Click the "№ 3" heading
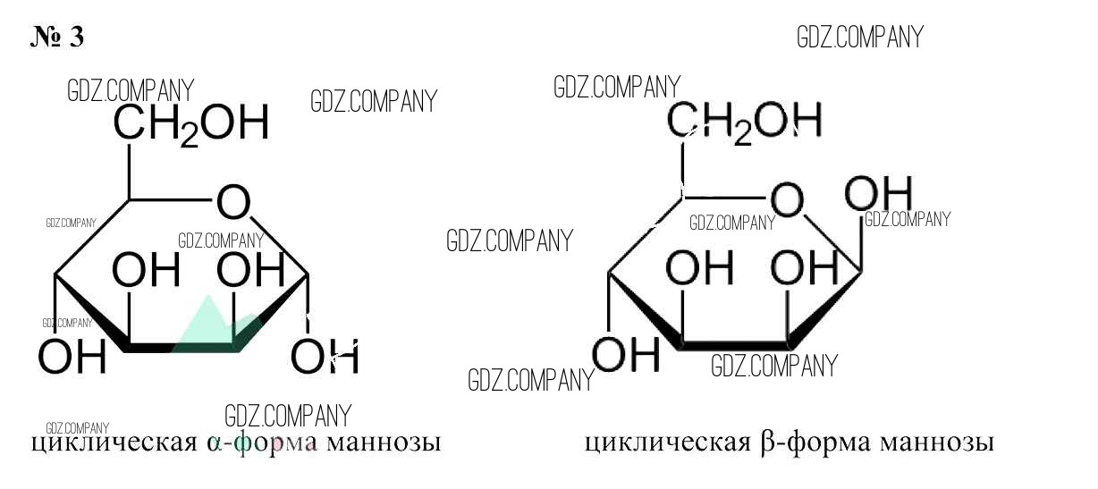point(57,38)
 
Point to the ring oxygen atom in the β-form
point(788,201)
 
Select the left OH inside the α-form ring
point(147,271)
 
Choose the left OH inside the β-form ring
point(700,267)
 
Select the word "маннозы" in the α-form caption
point(383,443)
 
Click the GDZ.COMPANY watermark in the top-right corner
point(859,38)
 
